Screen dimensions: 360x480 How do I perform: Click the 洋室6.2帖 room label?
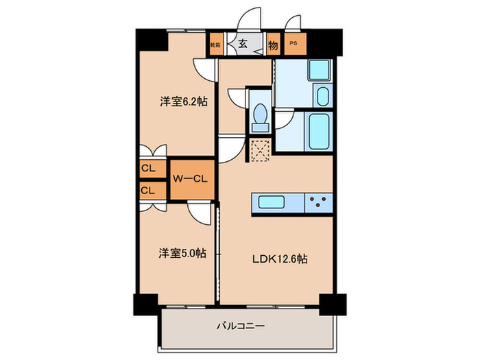point(184,101)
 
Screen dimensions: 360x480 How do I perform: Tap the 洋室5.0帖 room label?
point(183,254)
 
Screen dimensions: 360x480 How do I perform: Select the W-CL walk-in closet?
point(190,180)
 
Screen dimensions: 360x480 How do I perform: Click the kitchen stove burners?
point(319,203)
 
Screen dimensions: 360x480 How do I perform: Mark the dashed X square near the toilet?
point(260,149)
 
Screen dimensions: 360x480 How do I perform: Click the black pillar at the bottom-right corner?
point(333,302)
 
